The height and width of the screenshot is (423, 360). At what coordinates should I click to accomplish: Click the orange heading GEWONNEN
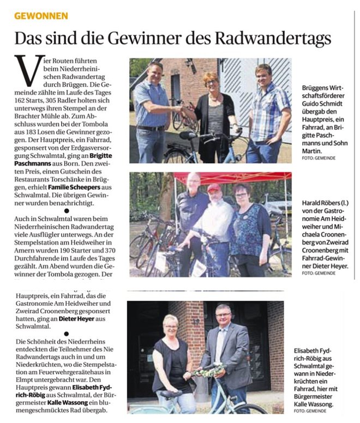[x=41, y=16]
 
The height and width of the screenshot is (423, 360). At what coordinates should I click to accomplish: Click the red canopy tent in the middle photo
[x=235, y=177]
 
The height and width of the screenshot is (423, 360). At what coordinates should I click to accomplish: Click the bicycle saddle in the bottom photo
[x=170, y=394]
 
